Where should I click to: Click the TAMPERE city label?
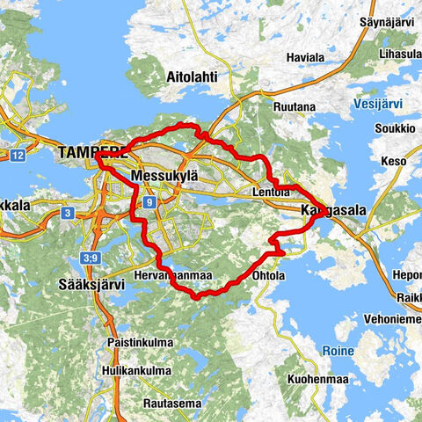point(89,152)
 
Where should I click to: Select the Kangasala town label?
point(333,211)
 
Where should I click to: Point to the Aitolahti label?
point(192,76)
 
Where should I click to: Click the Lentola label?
point(270,193)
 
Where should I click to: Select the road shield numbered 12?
point(18,156)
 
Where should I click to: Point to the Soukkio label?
point(397,127)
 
